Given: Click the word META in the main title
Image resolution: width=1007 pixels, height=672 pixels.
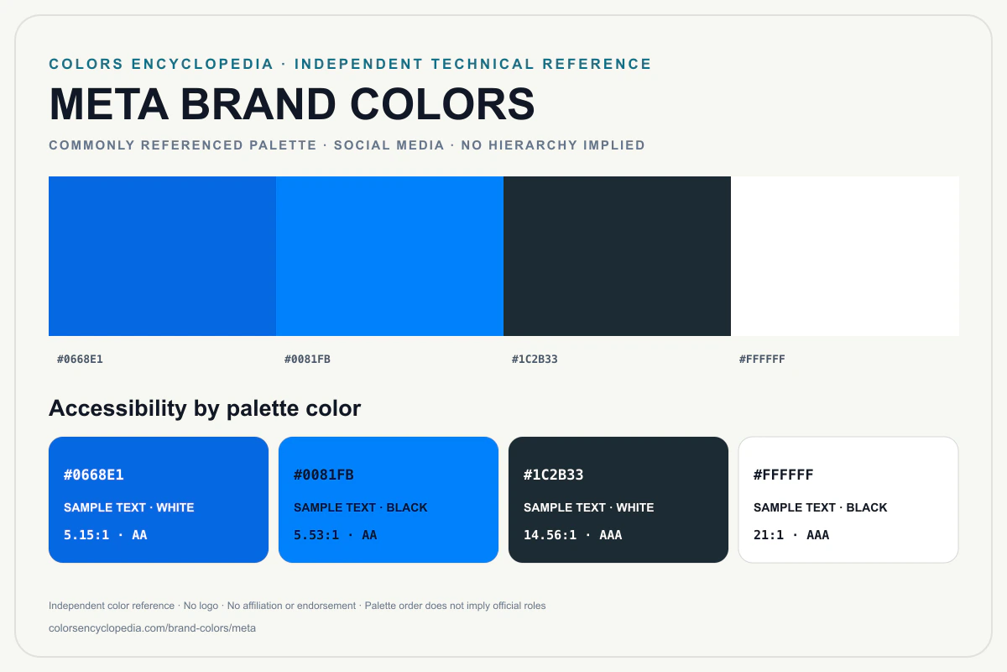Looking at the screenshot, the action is click(x=109, y=104).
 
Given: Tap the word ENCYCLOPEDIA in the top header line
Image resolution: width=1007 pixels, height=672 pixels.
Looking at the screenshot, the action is click(x=202, y=64).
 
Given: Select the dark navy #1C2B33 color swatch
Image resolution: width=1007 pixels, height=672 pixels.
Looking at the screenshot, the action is click(x=617, y=256).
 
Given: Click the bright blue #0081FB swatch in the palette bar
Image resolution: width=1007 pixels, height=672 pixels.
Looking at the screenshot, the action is click(x=389, y=256).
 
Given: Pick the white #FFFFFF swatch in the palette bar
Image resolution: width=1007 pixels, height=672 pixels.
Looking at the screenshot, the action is click(x=845, y=256).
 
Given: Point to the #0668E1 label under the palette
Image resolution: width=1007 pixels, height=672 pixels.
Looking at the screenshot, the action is click(x=80, y=360).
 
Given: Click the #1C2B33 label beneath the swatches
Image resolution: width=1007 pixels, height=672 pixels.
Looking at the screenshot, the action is click(x=535, y=360).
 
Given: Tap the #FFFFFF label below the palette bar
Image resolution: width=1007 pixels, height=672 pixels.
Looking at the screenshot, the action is click(x=762, y=360).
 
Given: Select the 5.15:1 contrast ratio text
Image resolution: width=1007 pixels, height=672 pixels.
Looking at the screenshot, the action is click(x=86, y=535).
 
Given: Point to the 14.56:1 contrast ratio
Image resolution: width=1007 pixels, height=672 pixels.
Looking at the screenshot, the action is click(x=550, y=535).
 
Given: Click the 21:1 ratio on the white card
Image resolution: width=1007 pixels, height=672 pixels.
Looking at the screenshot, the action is click(x=769, y=535).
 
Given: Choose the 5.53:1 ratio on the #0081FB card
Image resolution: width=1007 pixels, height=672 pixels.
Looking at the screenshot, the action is click(x=316, y=535).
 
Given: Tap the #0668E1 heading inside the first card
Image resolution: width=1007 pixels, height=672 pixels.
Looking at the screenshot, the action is click(x=93, y=475).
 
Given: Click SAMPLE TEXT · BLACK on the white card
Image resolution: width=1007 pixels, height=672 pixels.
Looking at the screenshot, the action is click(x=821, y=507).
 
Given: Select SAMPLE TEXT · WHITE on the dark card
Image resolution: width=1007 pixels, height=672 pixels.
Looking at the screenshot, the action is click(x=589, y=507).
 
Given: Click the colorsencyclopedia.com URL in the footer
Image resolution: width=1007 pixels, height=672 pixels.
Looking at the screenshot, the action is click(x=153, y=627).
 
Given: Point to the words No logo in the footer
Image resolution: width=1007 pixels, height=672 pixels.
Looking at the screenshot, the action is click(x=201, y=606).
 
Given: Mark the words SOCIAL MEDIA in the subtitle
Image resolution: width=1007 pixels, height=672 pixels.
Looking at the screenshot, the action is click(x=389, y=145).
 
